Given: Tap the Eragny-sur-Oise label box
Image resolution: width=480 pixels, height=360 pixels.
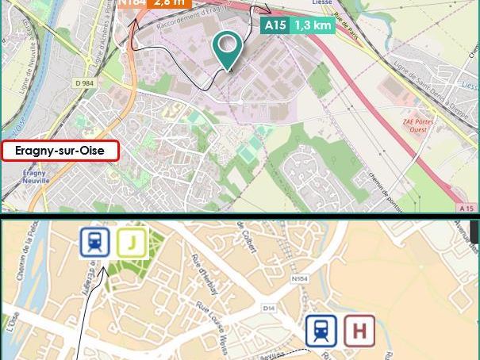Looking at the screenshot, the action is (60, 151).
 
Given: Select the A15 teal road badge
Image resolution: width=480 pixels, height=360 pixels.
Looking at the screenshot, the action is (275, 25).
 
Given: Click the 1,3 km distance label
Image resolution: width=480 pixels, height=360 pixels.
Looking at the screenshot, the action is (312, 25).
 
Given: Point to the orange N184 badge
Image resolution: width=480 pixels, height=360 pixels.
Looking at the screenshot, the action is (132, 3).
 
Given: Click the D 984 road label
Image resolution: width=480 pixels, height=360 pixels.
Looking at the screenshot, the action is (84, 82).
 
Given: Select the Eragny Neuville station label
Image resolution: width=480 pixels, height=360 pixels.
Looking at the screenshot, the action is (35, 176).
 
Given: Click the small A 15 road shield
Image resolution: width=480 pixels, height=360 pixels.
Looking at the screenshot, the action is (467, 208).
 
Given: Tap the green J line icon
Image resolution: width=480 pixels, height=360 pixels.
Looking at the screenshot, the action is (132, 243).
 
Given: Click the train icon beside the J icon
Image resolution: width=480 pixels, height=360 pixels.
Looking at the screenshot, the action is (94, 243).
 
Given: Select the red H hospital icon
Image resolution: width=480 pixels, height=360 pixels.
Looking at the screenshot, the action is (359, 331).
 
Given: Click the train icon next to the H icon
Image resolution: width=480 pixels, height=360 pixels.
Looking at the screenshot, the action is (321, 331).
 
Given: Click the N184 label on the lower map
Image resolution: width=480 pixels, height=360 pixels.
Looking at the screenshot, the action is (299, 278).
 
